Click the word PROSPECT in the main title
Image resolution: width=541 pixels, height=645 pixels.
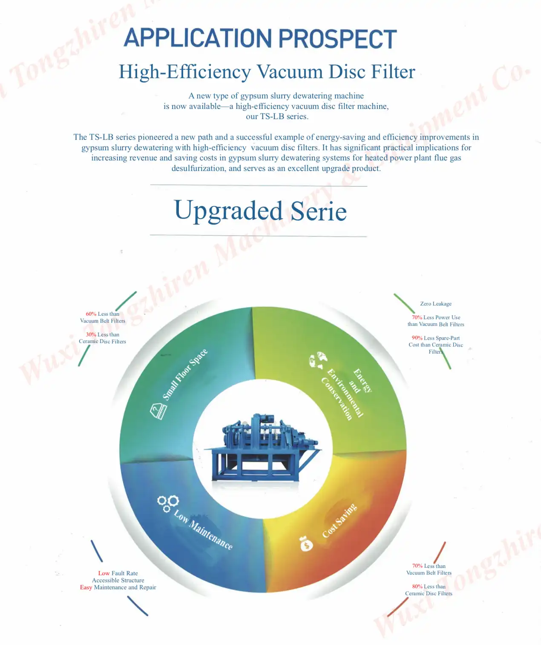click(x=337, y=38)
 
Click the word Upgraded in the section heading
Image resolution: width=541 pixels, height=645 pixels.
click(x=228, y=210)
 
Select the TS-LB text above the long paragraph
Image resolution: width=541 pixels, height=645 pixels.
click(x=272, y=117)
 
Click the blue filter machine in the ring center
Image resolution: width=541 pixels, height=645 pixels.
click(x=263, y=448)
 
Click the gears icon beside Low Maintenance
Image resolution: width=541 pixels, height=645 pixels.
click(x=168, y=504)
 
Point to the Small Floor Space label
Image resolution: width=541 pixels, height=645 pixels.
click(x=184, y=374)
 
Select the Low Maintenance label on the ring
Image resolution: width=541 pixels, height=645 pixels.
click(x=203, y=529)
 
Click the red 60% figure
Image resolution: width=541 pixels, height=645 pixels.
click(x=91, y=314)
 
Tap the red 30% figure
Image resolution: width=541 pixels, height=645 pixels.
click(x=91, y=334)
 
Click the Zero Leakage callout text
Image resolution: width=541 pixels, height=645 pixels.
click(x=435, y=304)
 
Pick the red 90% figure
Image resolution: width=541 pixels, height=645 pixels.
click(x=417, y=338)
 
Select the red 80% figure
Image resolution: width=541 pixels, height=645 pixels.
click(x=417, y=586)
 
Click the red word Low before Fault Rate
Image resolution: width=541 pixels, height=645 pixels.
click(x=104, y=574)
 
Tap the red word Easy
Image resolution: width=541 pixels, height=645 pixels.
click(x=86, y=587)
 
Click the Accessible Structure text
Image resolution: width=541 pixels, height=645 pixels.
click(x=118, y=580)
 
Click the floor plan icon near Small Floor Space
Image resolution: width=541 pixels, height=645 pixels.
click(x=158, y=411)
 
